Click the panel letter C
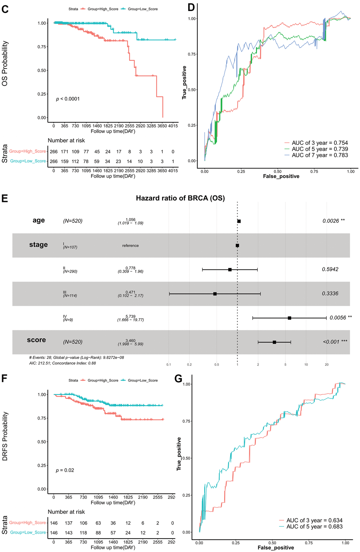pos(5,9)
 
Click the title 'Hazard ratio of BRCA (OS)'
pos(180,198)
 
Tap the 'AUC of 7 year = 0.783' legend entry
pos(319,155)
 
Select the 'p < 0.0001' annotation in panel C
pos(68,99)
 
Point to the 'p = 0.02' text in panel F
pos(65,470)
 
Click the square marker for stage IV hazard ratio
pos(289,318)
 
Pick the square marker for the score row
pos(274,342)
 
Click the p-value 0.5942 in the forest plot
pos(330,269)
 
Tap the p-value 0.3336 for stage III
pos(330,293)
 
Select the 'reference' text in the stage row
pos(130,245)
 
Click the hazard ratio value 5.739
pos(130,316)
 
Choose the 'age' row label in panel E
pos(38,220)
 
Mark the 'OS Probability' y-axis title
pos(5,64)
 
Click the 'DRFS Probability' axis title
pos(5,436)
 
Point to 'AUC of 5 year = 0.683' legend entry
pos(314,527)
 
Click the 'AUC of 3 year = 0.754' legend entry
pos(319,143)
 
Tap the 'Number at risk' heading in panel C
pos(66,141)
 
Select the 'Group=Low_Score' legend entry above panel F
pos(143,380)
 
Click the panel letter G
pos(179,379)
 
